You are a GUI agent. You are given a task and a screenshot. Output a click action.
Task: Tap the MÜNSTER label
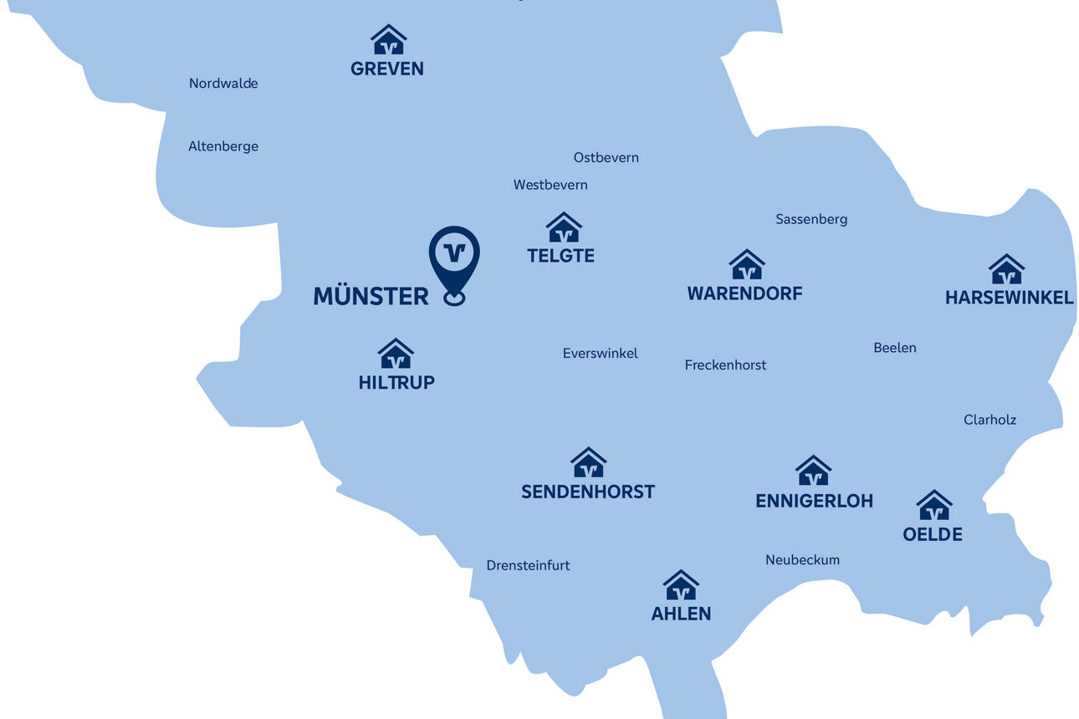pos(371,296)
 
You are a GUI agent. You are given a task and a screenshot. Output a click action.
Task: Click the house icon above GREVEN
pos(388,40)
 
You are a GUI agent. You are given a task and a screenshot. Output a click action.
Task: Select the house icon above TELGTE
pos(564,227)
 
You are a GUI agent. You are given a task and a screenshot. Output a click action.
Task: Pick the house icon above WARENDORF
pos(746,265)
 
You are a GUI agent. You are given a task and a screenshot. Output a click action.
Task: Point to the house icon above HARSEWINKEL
pos(1006,270)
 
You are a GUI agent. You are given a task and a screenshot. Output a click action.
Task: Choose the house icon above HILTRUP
pos(396,354)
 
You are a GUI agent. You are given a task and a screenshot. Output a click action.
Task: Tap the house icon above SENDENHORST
pos(588,463)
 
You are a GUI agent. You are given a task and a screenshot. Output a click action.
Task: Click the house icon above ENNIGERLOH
pos(813,472)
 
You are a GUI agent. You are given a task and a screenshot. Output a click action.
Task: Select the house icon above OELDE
pos(933,506)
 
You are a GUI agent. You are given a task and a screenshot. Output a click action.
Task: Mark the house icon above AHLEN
pos(681,586)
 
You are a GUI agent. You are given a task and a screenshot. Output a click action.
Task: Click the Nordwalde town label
pos(223,84)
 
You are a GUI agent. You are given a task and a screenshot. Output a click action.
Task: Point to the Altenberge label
pos(223,146)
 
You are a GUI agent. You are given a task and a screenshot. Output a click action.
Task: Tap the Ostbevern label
pos(606,157)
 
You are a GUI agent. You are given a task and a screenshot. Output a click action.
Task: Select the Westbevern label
pos(550,185)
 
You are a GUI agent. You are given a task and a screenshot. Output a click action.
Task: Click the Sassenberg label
pos(811,219)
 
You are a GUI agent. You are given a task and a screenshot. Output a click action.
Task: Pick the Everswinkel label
pos(600,354)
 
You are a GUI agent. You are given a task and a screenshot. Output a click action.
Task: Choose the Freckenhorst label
pos(725,365)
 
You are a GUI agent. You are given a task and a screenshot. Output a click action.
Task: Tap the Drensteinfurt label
pos(528,566)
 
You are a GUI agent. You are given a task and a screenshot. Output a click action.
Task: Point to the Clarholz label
pos(990,420)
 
